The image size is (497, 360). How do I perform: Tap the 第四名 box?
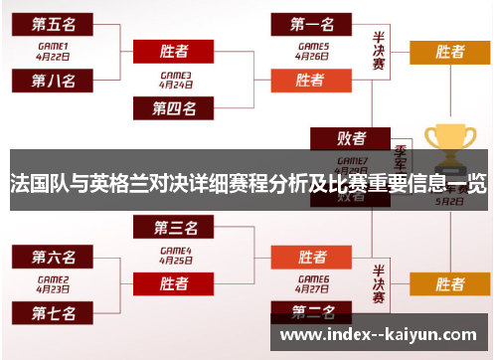coord(174,107)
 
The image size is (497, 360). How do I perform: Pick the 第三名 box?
coord(175,229)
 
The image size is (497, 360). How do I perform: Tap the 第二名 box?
coord(310,312)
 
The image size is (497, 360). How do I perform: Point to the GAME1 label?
coord(53,46)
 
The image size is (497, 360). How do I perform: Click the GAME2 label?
coord(53,279)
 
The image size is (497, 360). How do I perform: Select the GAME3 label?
coord(175,75)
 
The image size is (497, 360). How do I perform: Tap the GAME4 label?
coord(175,251)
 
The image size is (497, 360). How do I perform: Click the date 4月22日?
coord(53,57)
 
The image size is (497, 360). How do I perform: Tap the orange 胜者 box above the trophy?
coord(450,52)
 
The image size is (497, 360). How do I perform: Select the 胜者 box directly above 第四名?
coord(175,51)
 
